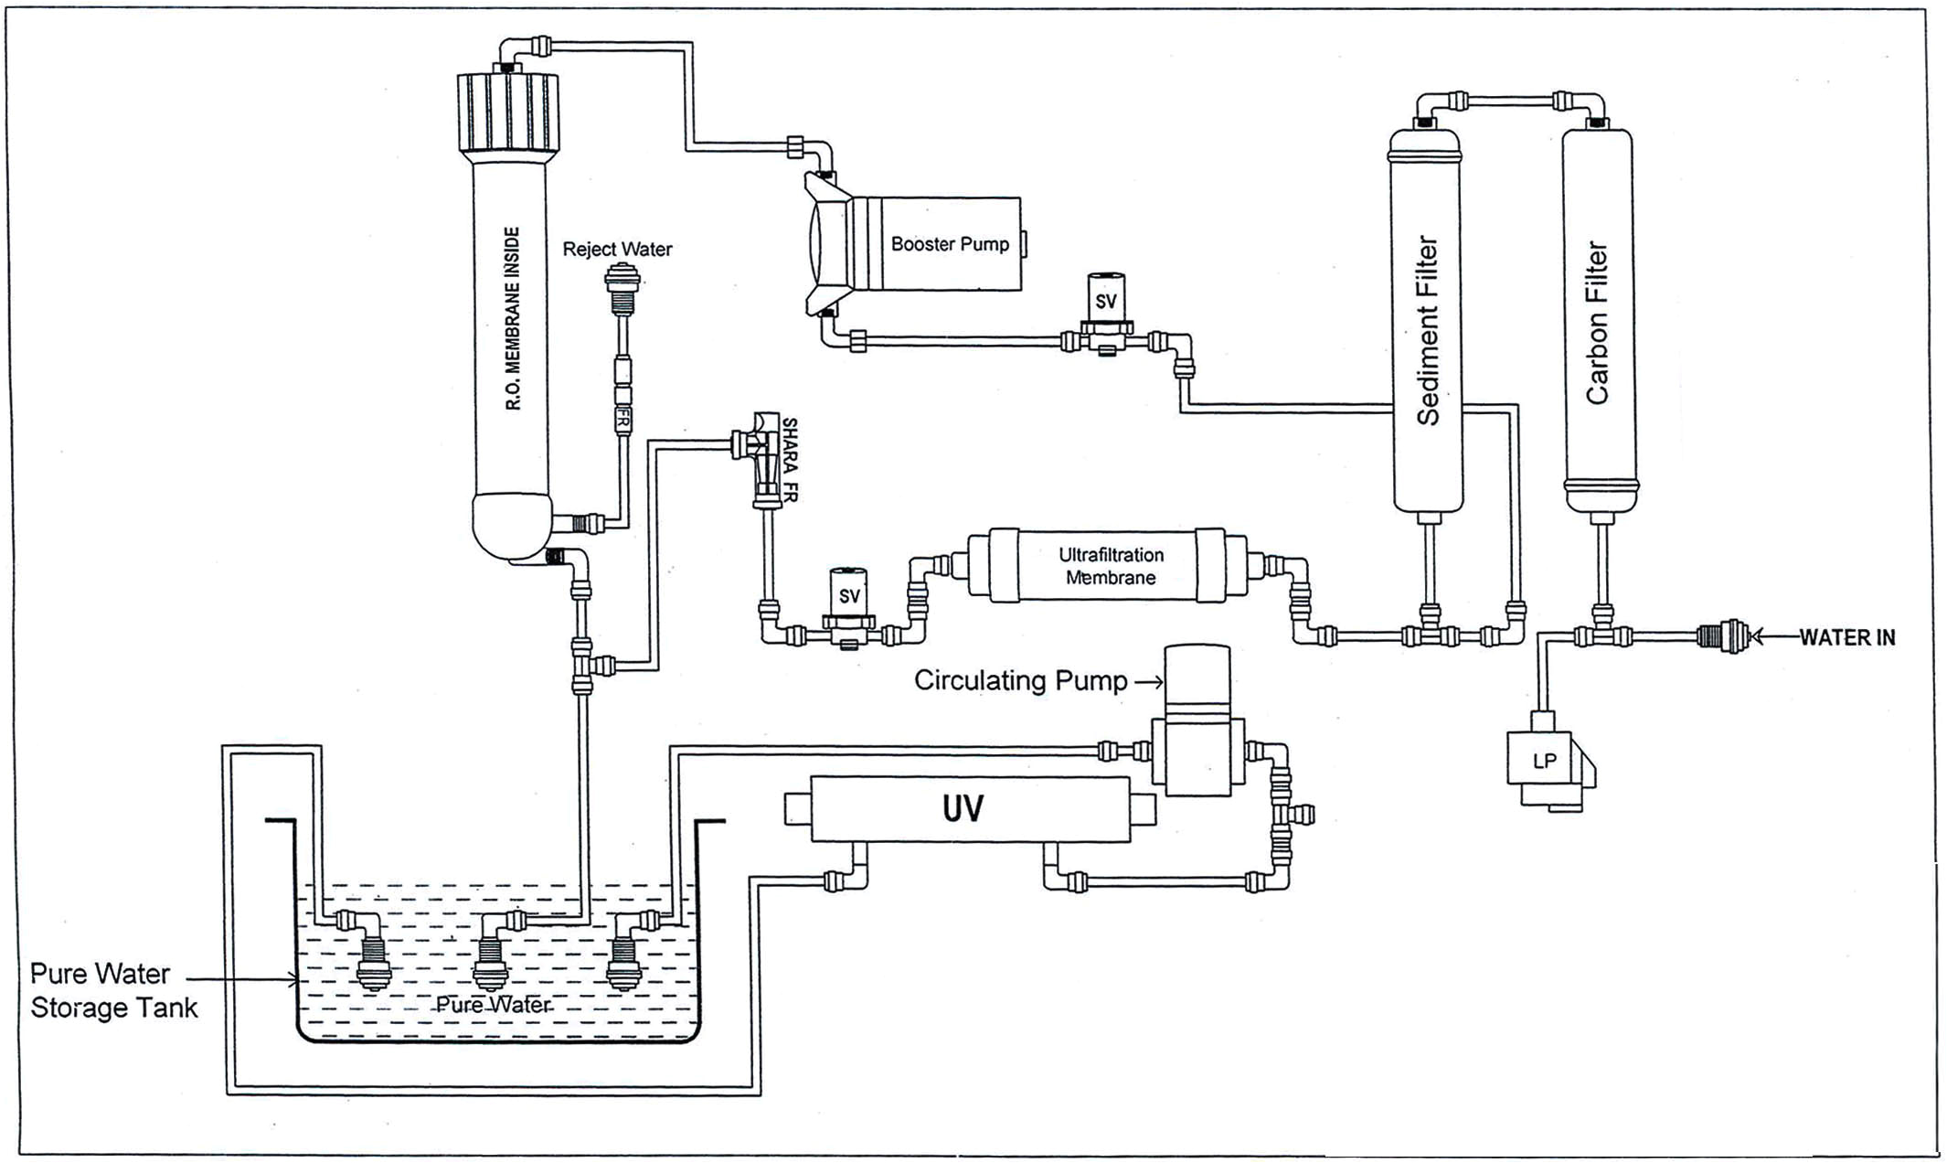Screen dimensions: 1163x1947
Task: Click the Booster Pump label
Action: (x=950, y=244)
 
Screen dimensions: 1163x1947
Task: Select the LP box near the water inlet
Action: (x=1544, y=760)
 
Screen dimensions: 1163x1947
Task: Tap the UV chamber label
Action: (x=963, y=808)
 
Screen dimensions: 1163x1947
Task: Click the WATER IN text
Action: (x=1846, y=637)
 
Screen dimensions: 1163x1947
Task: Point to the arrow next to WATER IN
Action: (x=1773, y=636)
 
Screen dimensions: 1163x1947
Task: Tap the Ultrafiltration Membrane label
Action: (x=1111, y=566)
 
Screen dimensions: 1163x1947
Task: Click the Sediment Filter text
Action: (x=1427, y=331)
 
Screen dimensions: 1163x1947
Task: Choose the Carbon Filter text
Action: (x=1597, y=322)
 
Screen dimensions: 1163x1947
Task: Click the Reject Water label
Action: (x=617, y=249)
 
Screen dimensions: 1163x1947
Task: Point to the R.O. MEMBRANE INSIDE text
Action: (x=513, y=318)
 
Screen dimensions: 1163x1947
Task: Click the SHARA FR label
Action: (x=790, y=460)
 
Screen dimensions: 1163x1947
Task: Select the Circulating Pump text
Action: (x=1020, y=680)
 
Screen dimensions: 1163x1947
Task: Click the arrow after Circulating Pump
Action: (x=1149, y=681)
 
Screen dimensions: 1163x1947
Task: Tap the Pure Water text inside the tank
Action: (x=493, y=1004)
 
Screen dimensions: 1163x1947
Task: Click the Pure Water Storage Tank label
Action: (x=112, y=990)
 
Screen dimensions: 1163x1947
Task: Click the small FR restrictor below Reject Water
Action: (x=622, y=419)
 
